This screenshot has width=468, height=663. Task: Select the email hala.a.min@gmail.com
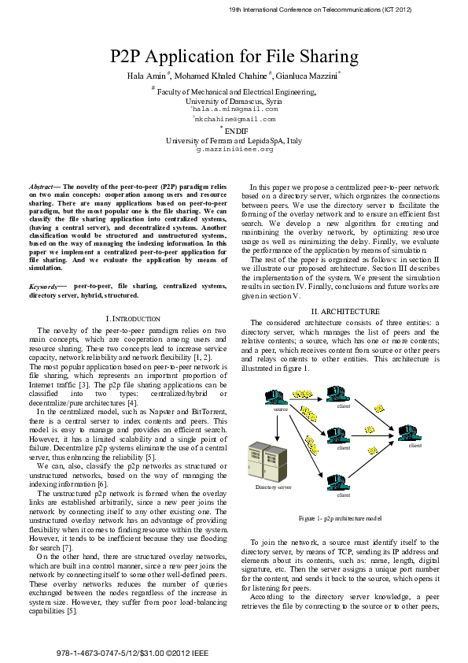click(234, 109)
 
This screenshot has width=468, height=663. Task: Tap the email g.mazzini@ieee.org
click(234, 148)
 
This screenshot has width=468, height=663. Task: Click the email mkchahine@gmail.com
click(234, 119)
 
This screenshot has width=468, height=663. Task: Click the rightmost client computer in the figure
click(413, 432)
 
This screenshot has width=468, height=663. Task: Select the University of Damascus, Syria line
click(234, 101)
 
